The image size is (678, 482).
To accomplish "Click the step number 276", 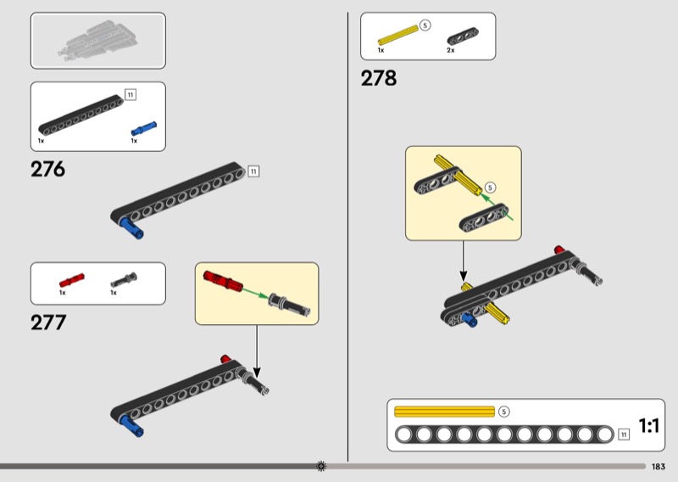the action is pyautogui.click(x=47, y=169).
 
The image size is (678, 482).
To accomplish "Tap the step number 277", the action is pyautogui.click(x=48, y=322).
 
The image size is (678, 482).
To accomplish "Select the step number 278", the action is pyautogui.click(x=378, y=78).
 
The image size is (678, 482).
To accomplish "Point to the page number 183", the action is pyautogui.click(x=659, y=467).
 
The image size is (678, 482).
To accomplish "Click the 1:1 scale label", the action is pyautogui.click(x=649, y=426).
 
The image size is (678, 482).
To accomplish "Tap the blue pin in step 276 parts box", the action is pyautogui.click(x=144, y=129).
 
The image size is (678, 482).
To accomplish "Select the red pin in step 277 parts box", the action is pyautogui.click(x=72, y=280).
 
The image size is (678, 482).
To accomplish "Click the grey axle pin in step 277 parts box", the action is pyautogui.click(x=124, y=280).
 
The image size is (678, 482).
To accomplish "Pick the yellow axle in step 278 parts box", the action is pyautogui.click(x=398, y=35).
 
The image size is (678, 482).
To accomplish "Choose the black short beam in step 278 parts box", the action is pyautogui.click(x=463, y=36).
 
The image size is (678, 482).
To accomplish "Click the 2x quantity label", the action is pyautogui.click(x=451, y=50).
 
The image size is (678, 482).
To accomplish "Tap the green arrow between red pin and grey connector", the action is pyautogui.click(x=255, y=293).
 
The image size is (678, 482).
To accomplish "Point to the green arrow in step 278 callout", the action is pyautogui.click(x=497, y=207).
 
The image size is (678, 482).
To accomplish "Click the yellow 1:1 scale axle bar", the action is pyautogui.click(x=444, y=412).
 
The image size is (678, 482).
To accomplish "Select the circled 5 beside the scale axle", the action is pyautogui.click(x=503, y=412).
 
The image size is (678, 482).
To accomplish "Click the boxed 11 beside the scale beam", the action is pyautogui.click(x=624, y=434).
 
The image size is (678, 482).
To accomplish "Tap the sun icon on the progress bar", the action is pyautogui.click(x=321, y=467).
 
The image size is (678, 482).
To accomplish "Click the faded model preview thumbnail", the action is pyautogui.click(x=98, y=41).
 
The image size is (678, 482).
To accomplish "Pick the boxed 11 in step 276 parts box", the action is pyautogui.click(x=131, y=94).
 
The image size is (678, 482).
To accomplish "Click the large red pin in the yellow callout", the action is pyautogui.click(x=223, y=280).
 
